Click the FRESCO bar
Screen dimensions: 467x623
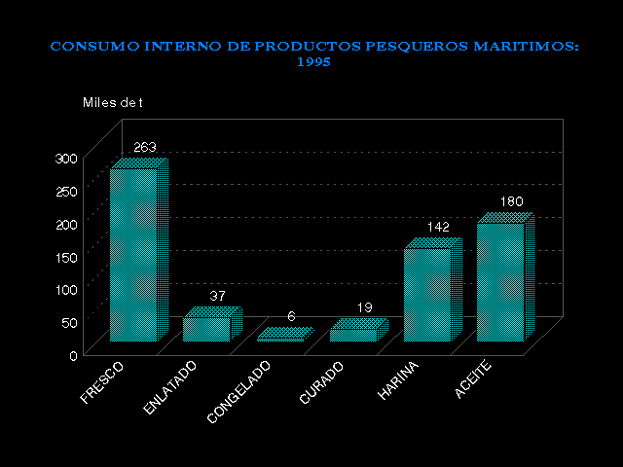134,255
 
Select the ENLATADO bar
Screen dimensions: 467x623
206,329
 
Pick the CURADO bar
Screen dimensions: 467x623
352,334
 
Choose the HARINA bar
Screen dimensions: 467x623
427,294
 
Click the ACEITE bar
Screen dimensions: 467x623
500,281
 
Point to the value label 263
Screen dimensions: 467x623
145,148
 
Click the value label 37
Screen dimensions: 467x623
218,296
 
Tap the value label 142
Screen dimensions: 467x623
438,227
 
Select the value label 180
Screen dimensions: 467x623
511,201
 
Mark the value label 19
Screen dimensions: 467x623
364,307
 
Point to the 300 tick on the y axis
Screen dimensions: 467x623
66,158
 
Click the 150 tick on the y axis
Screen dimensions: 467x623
66,257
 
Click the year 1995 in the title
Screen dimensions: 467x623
313,61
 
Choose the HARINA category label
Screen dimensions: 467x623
399,380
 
